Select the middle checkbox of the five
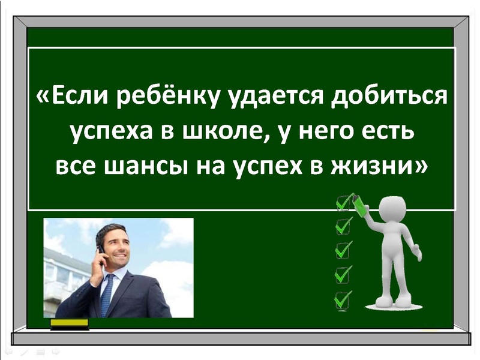pos(343,250)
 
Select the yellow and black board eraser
pos(69,324)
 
